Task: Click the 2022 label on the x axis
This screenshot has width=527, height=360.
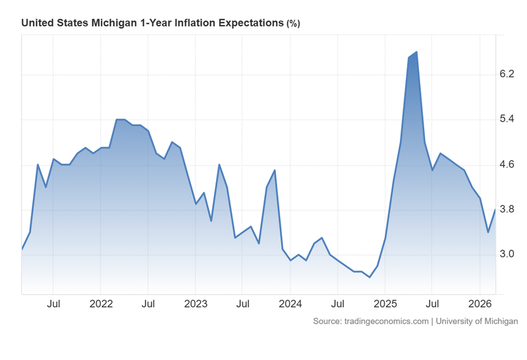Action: tap(101, 304)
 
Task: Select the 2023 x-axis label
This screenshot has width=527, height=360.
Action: tap(196, 304)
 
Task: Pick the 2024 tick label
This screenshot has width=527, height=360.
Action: tap(290, 304)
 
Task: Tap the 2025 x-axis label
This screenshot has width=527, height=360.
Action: tap(385, 304)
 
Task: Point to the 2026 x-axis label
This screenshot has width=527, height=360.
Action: tap(479, 304)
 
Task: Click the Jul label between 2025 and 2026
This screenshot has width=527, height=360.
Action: tap(432, 304)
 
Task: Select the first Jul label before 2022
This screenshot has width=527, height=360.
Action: tap(54, 304)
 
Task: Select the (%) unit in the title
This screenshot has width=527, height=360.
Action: tap(292, 24)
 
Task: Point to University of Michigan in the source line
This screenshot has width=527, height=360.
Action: tap(476, 321)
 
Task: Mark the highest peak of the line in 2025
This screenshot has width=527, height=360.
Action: tap(416, 52)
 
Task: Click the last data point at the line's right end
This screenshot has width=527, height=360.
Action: tap(495, 210)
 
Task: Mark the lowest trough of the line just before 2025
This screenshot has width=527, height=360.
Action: tap(370, 277)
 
